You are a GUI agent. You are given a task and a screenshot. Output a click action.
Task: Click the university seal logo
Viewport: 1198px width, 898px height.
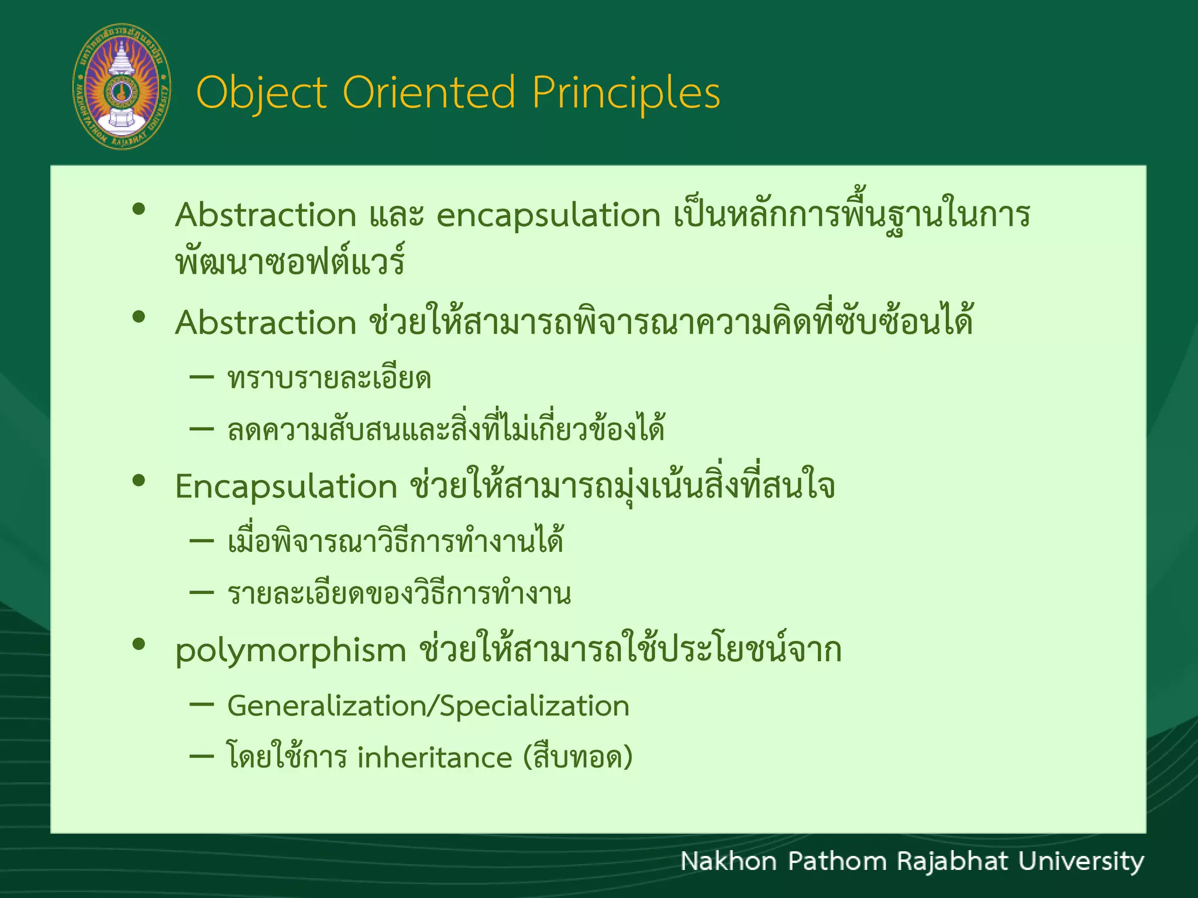pos(122,87)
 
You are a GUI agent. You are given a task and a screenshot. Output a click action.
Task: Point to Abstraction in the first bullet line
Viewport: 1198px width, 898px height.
pos(266,215)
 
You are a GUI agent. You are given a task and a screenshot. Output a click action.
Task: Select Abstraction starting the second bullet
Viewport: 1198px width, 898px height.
pos(266,323)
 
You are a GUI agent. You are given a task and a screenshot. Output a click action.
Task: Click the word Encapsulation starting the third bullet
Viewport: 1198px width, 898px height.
pos(286,487)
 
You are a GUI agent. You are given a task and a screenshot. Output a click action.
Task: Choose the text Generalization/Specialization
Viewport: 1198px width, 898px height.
pos(428,706)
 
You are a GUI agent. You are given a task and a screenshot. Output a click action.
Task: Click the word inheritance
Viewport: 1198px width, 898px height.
pos(435,758)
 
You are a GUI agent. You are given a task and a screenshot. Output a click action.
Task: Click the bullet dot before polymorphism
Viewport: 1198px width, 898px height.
pos(139,644)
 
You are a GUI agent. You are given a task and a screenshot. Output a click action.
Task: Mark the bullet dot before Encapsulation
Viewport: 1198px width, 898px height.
pos(139,481)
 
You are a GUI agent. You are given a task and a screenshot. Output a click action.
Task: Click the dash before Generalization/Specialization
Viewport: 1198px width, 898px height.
pos(202,705)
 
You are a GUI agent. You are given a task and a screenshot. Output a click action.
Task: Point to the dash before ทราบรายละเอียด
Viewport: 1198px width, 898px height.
pos(202,377)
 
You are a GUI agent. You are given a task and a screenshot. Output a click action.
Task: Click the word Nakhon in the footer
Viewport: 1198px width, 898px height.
pos(728,862)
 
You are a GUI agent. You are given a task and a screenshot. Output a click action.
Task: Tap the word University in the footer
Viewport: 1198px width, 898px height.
pos(1081,862)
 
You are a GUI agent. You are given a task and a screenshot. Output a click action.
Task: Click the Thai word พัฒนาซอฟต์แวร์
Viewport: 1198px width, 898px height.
pos(290,261)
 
